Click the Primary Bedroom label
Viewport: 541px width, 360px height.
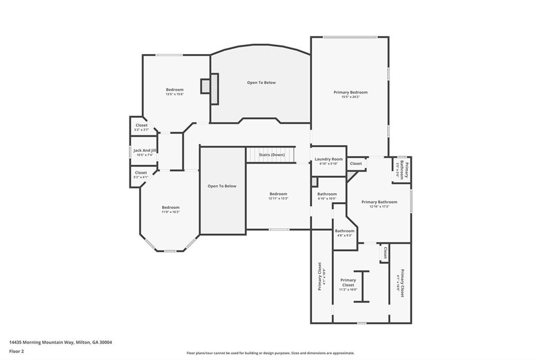(350, 92)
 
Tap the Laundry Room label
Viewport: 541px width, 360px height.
(329, 159)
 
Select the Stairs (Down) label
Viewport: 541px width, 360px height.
(271, 155)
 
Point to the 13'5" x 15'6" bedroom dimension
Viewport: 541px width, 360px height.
(174, 94)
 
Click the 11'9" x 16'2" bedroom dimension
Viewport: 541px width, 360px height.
(171, 212)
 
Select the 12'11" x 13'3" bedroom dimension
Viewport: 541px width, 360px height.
(278, 198)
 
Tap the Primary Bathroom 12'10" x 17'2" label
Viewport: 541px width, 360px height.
(379, 202)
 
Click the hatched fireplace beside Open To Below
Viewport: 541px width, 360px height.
(214, 89)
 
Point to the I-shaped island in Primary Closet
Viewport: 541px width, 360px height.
(361, 286)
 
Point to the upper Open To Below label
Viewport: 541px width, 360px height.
(261, 82)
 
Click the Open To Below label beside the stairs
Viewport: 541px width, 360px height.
(222, 186)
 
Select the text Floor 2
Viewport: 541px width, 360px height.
(16, 351)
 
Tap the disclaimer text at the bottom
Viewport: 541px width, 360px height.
(270, 353)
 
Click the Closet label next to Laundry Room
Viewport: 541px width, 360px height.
(356, 164)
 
